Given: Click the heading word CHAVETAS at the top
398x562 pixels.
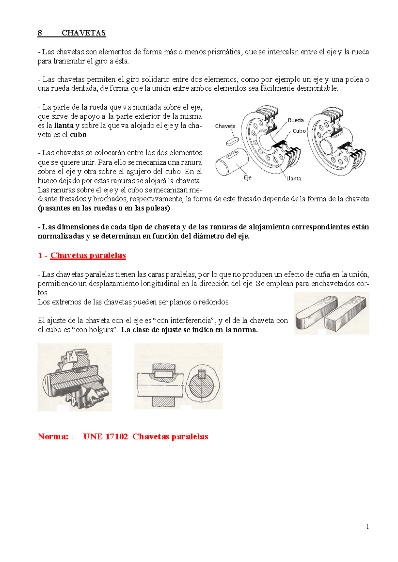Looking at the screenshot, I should (x=84, y=33).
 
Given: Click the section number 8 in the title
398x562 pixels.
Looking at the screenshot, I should (x=40, y=33).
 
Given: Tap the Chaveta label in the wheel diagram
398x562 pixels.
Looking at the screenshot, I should (x=225, y=126).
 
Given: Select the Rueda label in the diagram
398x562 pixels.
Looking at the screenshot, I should (x=296, y=120).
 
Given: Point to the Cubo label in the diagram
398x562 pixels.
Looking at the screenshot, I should (x=299, y=131).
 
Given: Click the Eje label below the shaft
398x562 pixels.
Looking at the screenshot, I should (x=248, y=178).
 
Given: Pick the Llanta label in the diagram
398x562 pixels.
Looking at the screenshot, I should (x=294, y=178).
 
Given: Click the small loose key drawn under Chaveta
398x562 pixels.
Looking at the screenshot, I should (x=232, y=141).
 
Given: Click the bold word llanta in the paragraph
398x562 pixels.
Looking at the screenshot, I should (x=64, y=126).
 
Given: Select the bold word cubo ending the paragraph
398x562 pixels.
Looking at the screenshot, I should (x=78, y=135).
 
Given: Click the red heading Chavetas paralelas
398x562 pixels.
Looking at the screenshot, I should (x=88, y=255).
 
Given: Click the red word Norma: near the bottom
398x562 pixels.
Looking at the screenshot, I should (x=53, y=437).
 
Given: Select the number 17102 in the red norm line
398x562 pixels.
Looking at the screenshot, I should (x=116, y=437).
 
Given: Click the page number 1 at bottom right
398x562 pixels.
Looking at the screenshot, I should (x=367, y=527).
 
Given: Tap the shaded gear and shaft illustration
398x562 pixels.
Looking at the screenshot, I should (x=75, y=377).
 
